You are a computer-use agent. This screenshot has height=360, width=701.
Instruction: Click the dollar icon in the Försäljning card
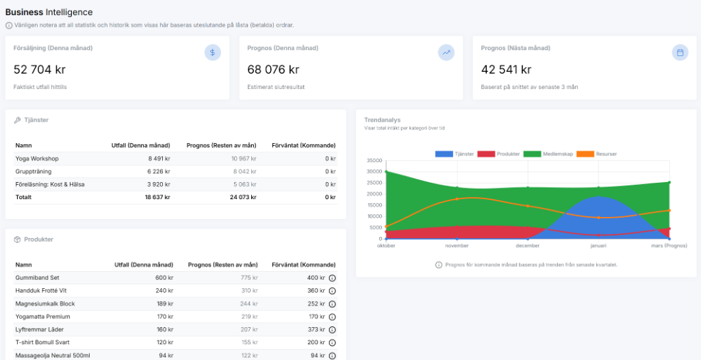click(212, 53)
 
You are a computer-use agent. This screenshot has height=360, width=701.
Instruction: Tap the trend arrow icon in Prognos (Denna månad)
click(446, 53)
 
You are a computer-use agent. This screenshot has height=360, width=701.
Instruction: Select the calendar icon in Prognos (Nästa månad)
click(680, 53)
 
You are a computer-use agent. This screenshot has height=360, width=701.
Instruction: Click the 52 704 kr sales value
click(40, 69)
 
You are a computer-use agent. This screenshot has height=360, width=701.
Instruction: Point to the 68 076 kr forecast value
click(273, 69)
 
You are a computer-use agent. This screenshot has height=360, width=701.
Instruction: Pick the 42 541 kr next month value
click(507, 69)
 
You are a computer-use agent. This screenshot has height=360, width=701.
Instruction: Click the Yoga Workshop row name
click(37, 159)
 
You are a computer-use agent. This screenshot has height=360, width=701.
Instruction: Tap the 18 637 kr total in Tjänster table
click(157, 197)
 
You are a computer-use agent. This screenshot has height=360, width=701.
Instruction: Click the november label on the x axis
click(457, 246)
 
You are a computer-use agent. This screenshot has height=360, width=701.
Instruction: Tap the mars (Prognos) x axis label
click(669, 246)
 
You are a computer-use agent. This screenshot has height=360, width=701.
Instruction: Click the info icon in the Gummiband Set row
click(332, 278)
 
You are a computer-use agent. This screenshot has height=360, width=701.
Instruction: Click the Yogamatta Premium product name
click(42, 317)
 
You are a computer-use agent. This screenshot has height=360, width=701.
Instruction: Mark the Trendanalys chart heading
click(382, 120)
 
